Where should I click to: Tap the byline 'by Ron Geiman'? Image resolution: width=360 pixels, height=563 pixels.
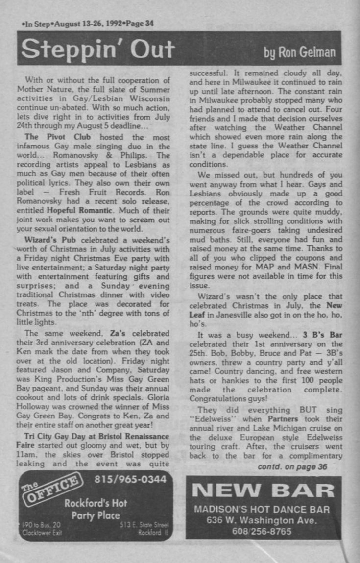pos(299,51)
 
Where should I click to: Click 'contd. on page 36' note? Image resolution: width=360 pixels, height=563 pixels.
pos(292,466)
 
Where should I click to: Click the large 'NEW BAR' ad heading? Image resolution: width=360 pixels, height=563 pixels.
pos(263,490)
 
